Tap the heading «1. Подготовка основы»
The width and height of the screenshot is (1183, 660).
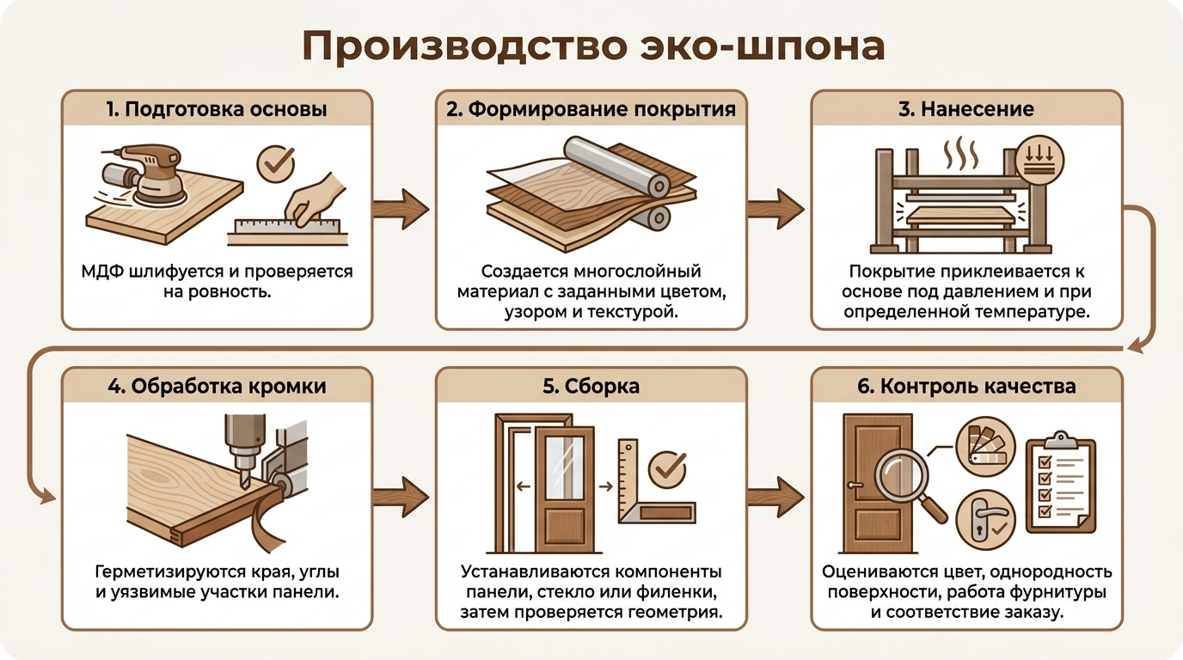(217, 109)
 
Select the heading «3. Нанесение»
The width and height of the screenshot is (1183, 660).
(966, 109)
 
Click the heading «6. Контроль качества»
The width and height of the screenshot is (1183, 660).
(966, 386)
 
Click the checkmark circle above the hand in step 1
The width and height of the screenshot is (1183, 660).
(276, 163)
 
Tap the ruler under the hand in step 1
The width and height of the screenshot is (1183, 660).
(287, 227)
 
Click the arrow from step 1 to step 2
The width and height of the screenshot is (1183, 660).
(401, 209)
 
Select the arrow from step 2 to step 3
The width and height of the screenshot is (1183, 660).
(775, 209)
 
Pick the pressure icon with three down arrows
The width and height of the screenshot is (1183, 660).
(1039, 161)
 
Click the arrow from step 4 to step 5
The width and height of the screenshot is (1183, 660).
(401, 497)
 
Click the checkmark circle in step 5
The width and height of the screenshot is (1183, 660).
(667, 469)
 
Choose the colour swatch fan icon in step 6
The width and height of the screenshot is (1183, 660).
(985, 446)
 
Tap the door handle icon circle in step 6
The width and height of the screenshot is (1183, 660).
(985, 520)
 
